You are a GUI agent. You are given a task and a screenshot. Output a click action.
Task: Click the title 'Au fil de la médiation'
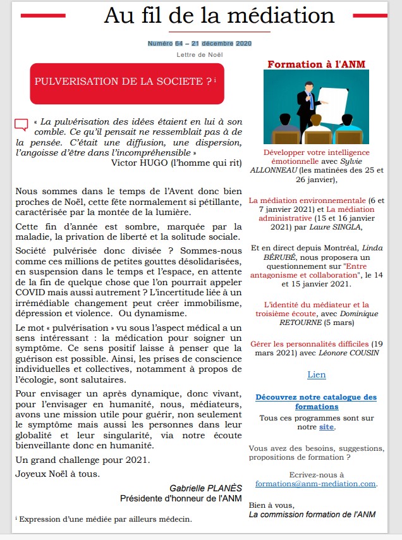pyautogui.click(x=219, y=15)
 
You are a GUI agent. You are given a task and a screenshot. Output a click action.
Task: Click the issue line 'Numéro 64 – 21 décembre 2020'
pyautogui.click(x=200, y=43)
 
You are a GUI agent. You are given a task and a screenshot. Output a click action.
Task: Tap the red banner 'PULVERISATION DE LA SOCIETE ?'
pyautogui.click(x=126, y=82)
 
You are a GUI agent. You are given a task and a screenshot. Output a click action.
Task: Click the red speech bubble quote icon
pyautogui.click(x=21, y=125)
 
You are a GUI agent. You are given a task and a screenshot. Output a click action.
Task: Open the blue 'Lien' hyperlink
pyautogui.click(x=316, y=374)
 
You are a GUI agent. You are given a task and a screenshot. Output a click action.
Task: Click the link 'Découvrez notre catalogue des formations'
pyautogui.click(x=316, y=402)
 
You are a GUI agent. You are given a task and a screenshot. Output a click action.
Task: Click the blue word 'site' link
pyautogui.click(x=326, y=427)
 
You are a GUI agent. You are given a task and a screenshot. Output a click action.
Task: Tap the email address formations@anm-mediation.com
pyautogui.click(x=315, y=484)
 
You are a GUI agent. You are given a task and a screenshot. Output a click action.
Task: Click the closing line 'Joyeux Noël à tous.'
pyautogui.click(x=57, y=474)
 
